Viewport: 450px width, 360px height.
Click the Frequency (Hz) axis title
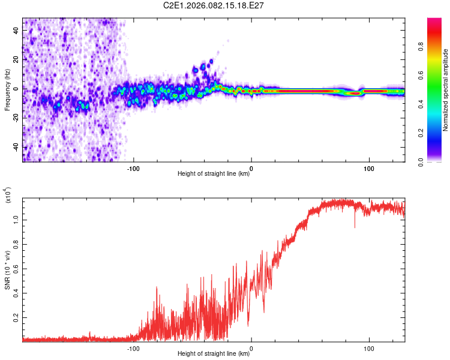(7, 89)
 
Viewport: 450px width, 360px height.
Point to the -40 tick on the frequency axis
(17, 147)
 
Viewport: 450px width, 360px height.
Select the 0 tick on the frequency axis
(17, 89)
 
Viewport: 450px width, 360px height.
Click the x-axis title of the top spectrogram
(214, 175)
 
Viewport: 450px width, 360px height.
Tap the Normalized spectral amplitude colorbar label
(445, 91)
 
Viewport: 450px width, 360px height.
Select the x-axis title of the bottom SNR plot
(214, 354)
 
